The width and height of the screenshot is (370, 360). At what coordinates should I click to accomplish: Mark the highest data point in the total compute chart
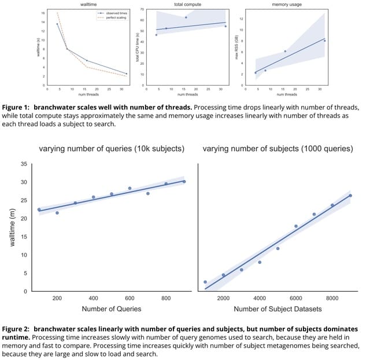click(x=186, y=17)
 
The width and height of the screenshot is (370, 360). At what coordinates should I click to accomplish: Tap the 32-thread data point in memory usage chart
click(x=325, y=41)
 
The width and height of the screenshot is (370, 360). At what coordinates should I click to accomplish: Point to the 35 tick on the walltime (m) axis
click(x=24, y=164)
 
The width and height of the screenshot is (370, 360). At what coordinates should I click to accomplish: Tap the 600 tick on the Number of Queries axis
click(x=129, y=298)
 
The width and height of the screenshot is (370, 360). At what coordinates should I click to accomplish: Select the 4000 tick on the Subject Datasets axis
click(x=260, y=298)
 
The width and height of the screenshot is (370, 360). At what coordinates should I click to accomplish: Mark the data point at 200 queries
click(x=57, y=213)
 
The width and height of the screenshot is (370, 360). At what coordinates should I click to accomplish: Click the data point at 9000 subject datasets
click(x=350, y=196)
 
